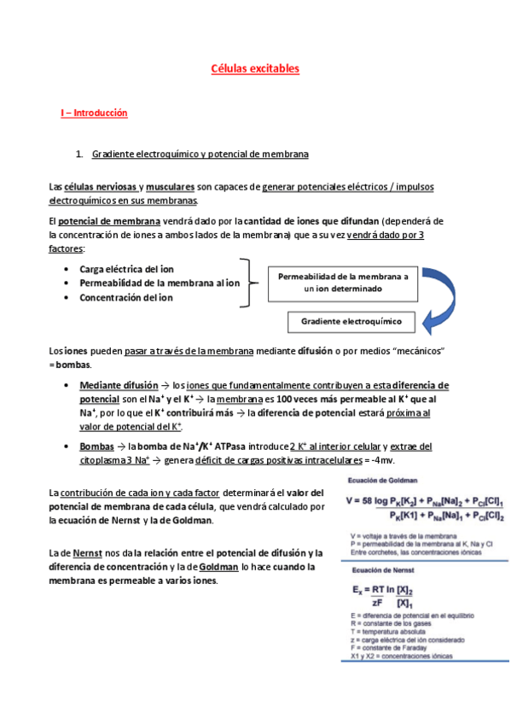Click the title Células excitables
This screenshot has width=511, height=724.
point(255,69)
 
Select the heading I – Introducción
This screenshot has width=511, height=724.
point(94,112)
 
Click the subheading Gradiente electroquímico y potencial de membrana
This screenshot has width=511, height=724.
point(200,154)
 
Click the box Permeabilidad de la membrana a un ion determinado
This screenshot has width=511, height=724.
point(343,283)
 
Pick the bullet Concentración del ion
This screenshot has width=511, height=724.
point(126,297)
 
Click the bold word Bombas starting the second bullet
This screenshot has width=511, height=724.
point(96,447)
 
